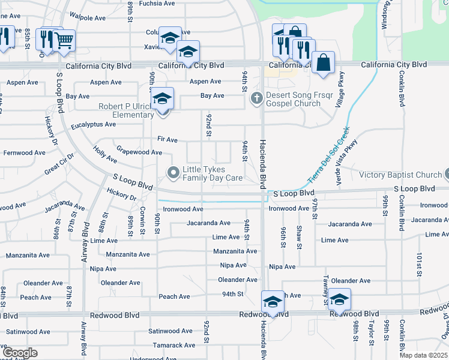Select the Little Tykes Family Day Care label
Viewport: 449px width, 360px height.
pyautogui.click(x=213, y=174)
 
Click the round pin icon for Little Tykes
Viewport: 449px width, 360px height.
pyautogui.click(x=174, y=174)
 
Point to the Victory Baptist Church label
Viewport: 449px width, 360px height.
pyautogui.click(x=400, y=175)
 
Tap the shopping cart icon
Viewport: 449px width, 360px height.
pyautogui.click(x=64, y=41)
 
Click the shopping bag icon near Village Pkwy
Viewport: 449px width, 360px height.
pyautogui.click(x=323, y=62)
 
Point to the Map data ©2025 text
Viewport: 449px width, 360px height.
pyautogui.click(x=423, y=355)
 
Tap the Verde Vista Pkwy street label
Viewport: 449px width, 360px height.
pyautogui.click(x=348, y=157)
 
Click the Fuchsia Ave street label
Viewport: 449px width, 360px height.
pyautogui.click(x=157, y=3)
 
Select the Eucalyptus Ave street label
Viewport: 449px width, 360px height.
pyautogui.click(x=93, y=124)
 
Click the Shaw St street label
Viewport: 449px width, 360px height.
pyautogui.click(x=299, y=236)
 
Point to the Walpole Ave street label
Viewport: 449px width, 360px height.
pyautogui.click(x=88, y=18)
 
